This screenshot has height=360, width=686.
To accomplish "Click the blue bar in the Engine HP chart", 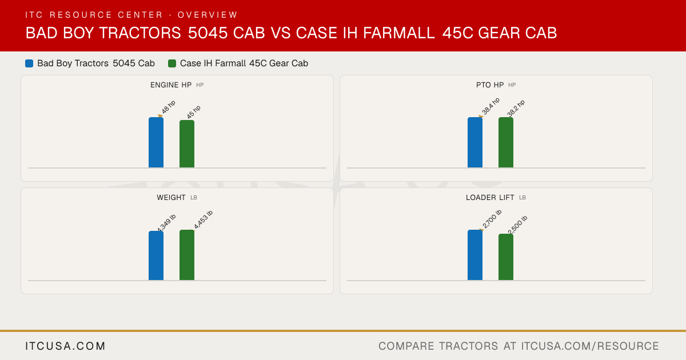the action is (x=156, y=142).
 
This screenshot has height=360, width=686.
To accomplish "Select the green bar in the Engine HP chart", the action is (x=187, y=144).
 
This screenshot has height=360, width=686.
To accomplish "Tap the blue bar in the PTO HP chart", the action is (x=475, y=142).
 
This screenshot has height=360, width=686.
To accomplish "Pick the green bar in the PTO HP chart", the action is (x=506, y=142).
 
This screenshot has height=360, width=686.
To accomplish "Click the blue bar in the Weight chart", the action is (x=156, y=255).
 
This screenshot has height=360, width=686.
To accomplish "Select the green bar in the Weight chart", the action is (x=187, y=255).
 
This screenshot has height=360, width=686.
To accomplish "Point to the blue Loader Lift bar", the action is (x=475, y=255).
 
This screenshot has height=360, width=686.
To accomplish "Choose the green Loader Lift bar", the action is (x=506, y=257).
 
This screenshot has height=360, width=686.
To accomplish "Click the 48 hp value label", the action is (x=169, y=107).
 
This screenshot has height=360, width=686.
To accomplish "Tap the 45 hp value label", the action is (x=194, y=112).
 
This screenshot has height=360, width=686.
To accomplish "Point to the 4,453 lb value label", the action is (x=203, y=220).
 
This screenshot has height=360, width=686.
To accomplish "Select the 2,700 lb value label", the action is (x=492, y=219).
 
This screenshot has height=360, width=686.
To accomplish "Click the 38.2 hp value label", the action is (x=516, y=108).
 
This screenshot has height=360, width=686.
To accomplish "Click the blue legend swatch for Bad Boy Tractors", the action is (x=29, y=63).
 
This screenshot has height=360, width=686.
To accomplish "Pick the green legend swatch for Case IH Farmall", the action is (x=172, y=63).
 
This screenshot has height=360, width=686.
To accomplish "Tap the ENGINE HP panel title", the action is (x=171, y=85).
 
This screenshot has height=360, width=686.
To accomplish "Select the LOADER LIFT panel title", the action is (x=490, y=198).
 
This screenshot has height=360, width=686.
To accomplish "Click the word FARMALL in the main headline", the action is (x=399, y=33).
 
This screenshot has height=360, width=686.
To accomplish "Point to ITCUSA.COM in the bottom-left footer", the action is (x=65, y=346).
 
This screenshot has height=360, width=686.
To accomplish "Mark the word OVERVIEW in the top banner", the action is (x=208, y=15).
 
